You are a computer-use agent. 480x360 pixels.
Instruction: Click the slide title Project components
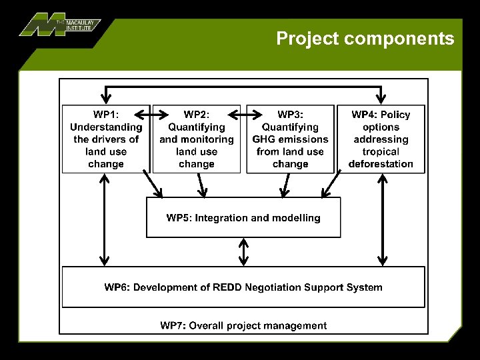coord(365,39)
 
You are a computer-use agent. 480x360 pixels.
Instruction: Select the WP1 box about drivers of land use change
coord(106,139)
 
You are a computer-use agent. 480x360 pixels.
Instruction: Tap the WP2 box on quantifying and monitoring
coord(197,139)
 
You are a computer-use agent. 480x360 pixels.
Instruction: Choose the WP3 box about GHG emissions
coord(290,139)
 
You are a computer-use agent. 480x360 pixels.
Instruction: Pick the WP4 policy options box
coord(381,139)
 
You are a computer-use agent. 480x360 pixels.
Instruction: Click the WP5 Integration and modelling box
coord(243,217)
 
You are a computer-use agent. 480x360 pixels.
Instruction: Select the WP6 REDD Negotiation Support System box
coord(243,287)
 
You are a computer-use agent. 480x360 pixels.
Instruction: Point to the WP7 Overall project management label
coord(243,325)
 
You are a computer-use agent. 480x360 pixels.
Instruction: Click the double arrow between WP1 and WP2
coord(151,115)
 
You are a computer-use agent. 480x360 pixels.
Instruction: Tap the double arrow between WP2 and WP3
coord(243,115)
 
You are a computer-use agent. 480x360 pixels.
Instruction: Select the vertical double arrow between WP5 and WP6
coord(244,252)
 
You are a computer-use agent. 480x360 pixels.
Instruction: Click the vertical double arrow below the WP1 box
coord(105,219)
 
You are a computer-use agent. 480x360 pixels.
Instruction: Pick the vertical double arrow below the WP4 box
coord(382,219)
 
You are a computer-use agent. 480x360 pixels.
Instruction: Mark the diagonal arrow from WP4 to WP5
coord(332,185)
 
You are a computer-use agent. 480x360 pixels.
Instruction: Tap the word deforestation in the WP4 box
coord(381,164)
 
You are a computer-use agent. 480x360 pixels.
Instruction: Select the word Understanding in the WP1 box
coord(106,127)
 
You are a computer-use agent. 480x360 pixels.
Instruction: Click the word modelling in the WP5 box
coord(297,218)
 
